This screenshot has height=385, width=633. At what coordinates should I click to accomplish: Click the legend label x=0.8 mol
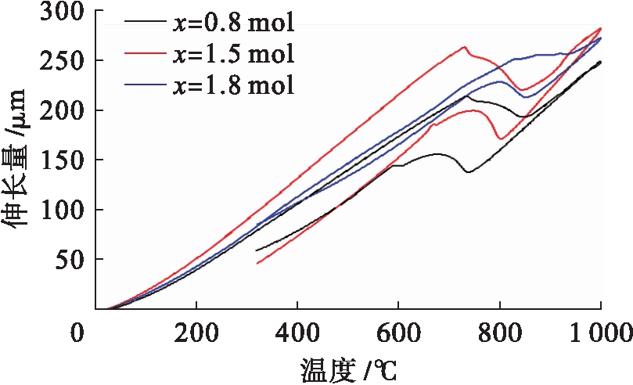[232, 23]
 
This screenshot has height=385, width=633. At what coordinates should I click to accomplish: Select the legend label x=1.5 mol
[232, 54]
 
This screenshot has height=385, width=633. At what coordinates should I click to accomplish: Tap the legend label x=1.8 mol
[232, 84]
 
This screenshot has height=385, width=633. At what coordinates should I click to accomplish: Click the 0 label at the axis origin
[77, 333]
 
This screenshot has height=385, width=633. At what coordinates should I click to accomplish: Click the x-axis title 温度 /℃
[351, 368]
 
